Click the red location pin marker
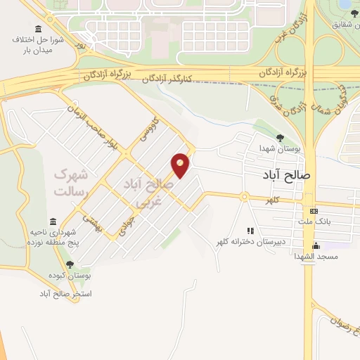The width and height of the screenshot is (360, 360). click(181, 165)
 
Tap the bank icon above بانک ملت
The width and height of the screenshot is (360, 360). click(314, 211)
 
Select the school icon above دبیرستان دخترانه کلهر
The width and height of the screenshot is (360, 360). click(250, 231)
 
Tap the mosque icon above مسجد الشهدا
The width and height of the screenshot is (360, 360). click(316, 246)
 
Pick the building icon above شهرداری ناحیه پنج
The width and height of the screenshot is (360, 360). click(53, 221)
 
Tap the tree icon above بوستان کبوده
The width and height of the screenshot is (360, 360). click(70, 265)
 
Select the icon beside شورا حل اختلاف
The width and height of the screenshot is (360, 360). click(37, 30)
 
